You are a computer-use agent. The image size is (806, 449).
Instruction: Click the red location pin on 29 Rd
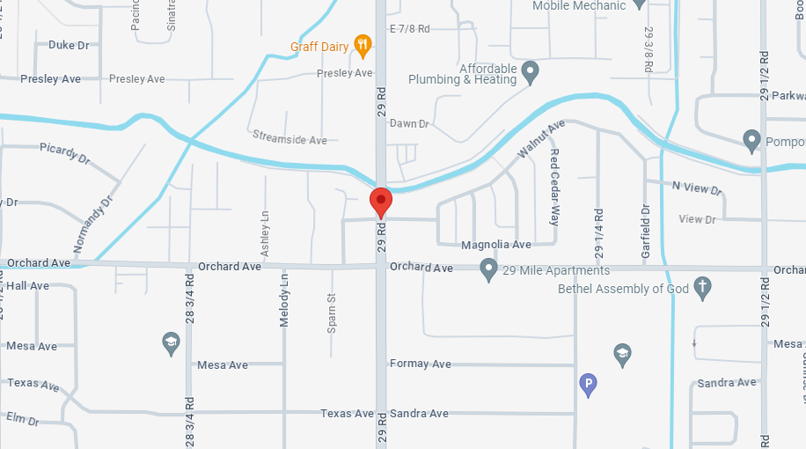point(380,202)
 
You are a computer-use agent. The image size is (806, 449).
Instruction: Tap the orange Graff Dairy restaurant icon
point(362,45)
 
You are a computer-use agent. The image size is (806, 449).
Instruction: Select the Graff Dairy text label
point(320,47)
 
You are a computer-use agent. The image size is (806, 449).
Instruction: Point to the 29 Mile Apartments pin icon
point(488,269)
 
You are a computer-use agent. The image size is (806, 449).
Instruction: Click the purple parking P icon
point(588,384)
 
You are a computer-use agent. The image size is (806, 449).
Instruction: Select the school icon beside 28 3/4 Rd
point(172,342)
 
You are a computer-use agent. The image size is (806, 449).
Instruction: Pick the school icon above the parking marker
point(622,354)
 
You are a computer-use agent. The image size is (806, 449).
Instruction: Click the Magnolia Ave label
point(496,245)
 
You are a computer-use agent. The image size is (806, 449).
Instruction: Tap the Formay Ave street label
point(421,364)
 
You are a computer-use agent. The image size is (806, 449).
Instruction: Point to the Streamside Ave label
point(289,139)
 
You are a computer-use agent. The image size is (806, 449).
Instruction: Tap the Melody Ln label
point(284,299)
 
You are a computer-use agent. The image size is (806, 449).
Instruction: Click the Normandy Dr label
point(94,224)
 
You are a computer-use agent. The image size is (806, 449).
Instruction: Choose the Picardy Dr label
point(64,153)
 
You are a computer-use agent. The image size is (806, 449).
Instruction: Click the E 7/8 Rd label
point(409,29)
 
